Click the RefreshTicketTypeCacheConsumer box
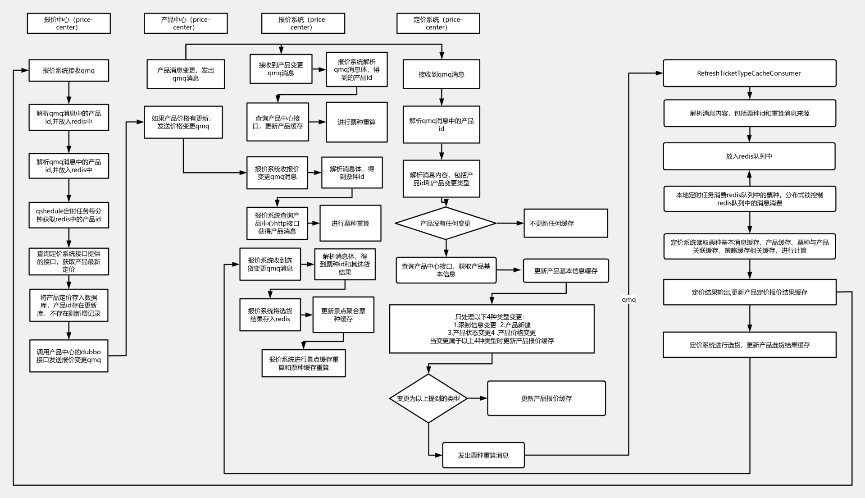[749, 73]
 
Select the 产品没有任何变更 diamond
[445, 223]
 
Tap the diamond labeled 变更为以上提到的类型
[428, 398]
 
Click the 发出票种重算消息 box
[483, 455]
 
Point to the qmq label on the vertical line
[628, 300]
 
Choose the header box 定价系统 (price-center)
[437, 23]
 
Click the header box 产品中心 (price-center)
[185, 23]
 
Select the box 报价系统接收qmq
[68, 71]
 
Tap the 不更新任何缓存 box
[565, 223]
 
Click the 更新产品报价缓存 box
[546, 398]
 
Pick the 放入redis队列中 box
[749, 156]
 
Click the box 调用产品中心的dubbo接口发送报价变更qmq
[68, 356]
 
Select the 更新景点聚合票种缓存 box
[343, 315]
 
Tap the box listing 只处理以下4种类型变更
[492, 329]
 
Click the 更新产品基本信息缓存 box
[565, 271]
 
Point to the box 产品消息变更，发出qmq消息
[185, 74]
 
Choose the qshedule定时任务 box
[68, 215]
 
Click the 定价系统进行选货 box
[749, 345]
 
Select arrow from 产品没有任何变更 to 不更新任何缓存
[510, 223]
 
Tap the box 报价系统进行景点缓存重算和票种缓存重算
[303, 363]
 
